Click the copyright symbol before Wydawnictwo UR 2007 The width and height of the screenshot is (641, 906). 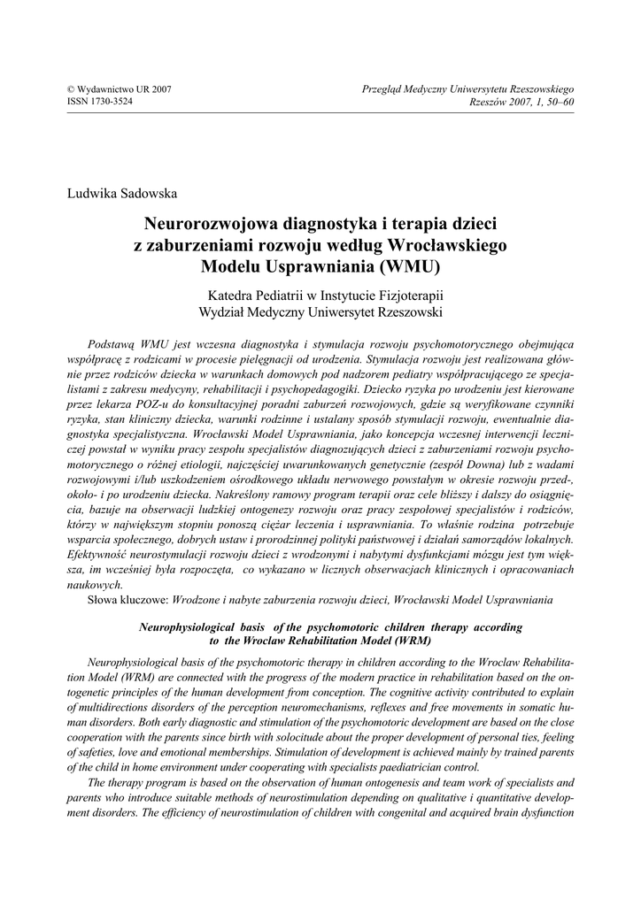[x=71, y=90]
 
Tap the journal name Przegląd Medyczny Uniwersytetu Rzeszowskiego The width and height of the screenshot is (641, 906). [x=468, y=90]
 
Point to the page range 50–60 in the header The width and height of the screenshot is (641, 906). [x=559, y=102]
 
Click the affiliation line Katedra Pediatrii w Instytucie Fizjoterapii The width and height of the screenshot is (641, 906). [x=325, y=294]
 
